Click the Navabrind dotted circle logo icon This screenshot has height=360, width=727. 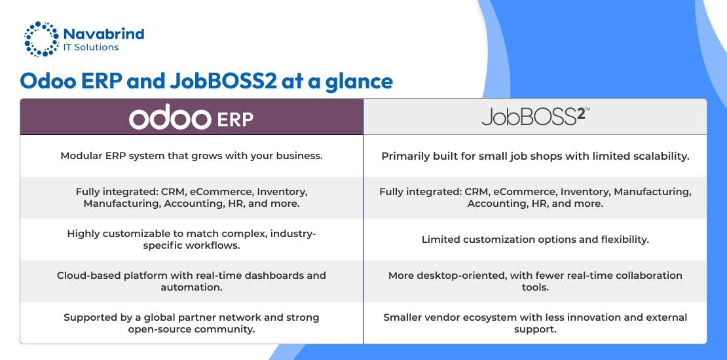click(x=42, y=39)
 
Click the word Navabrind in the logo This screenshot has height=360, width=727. click(x=103, y=34)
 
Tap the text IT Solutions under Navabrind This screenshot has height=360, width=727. click(x=91, y=47)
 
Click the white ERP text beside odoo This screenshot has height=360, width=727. click(x=235, y=120)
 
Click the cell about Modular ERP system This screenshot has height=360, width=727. click(x=191, y=156)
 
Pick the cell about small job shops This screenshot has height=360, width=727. click(x=535, y=156)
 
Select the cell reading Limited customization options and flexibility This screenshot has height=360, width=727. click(x=535, y=240)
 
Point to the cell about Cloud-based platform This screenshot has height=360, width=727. click(x=191, y=281)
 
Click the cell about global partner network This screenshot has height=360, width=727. click(x=191, y=323)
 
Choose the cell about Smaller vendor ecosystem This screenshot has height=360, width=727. click(x=535, y=323)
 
